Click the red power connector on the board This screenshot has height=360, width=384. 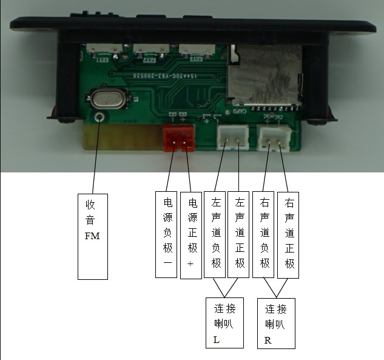click(178, 137)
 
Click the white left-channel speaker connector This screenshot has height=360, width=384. click(232, 137)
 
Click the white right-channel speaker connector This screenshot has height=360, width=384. click(274, 137)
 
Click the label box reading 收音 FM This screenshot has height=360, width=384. click(93, 236)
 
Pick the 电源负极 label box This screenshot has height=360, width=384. click(166, 234)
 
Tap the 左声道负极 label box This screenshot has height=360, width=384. click(215, 234)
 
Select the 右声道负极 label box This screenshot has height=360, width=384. click(264, 234)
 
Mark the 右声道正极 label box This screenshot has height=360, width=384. click(288, 234)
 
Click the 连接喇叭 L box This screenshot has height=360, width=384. click(224, 322)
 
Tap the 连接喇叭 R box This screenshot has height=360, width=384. click(276, 323)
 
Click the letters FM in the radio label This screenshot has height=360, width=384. click(92, 236)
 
